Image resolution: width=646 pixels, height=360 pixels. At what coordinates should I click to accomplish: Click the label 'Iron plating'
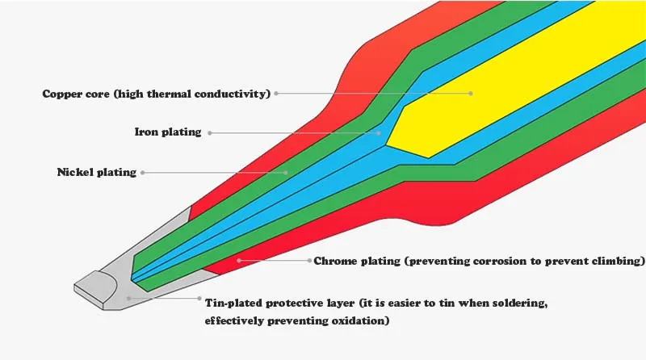[x=167, y=132]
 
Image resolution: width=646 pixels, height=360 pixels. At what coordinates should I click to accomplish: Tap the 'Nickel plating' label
[x=96, y=172]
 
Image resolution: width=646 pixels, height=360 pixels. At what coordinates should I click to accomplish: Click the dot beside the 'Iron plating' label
[x=210, y=132]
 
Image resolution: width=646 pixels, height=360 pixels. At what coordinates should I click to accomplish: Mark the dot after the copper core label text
[x=276, y=94]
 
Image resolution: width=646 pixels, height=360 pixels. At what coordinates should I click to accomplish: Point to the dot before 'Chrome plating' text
[x=308, y=262]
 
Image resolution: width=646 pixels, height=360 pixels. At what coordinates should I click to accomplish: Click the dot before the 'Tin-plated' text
[x=199, y=298]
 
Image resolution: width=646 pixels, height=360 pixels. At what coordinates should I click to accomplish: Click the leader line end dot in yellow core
[x=472, y=94]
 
